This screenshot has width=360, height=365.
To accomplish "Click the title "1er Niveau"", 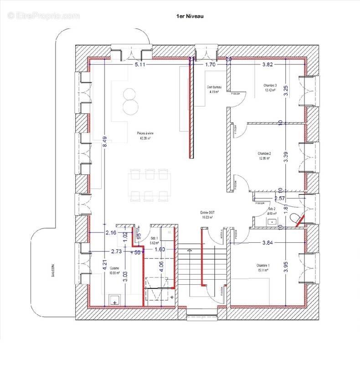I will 190,16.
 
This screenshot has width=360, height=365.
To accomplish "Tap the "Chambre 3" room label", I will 270,86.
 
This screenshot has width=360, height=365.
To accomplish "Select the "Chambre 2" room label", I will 264,154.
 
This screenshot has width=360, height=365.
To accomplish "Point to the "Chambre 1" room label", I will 262,266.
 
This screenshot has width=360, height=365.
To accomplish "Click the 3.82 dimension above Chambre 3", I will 267,65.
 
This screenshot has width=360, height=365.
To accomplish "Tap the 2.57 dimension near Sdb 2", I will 280,198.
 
